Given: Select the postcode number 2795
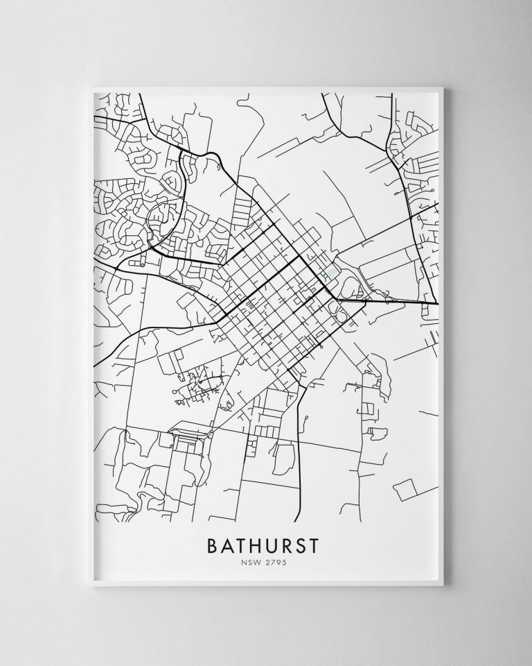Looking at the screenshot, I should click(x=276, y=563).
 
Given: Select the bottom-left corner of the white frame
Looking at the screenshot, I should click(x=83, y=583).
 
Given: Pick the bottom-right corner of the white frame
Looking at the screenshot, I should click(x=448, y=583).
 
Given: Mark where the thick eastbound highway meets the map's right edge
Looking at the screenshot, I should click(x=438, y=303).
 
